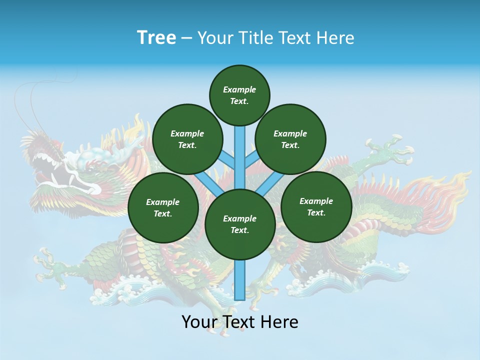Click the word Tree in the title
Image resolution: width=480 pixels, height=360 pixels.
pos(156,37)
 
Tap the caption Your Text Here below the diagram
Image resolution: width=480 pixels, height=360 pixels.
pos(239,322)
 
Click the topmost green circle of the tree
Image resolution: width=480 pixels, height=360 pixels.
pos(239,95)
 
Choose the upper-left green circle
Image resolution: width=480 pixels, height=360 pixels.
pos(187,139)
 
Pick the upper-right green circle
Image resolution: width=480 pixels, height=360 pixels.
pos(290,139)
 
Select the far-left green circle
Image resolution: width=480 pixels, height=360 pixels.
pos(163,207)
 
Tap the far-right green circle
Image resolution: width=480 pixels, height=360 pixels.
pos(316,206)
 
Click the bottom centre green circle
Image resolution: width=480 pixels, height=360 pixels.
pos(239,224)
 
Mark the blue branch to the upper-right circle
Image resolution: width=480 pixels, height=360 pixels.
pos(251,159)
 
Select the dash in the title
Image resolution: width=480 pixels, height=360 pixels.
pos(186,38)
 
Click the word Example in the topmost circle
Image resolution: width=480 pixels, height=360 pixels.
pos(239,89)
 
